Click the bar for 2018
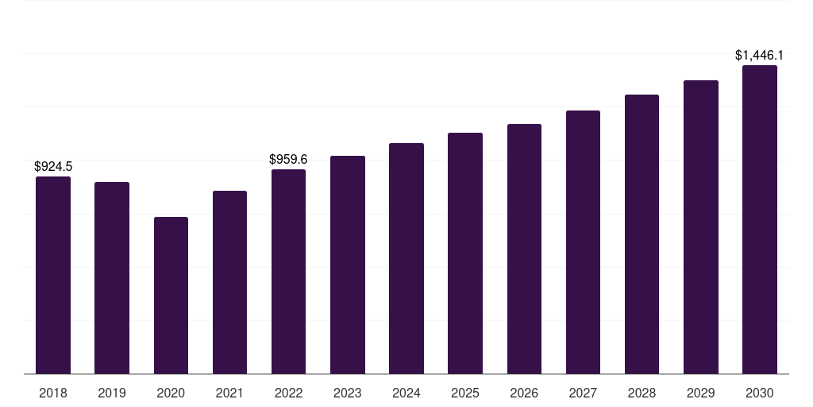tap(53, 275)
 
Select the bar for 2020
tap(171, 296)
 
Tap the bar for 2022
tap(288, 272)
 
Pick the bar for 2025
tap(465, 254)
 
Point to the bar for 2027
tap(583, 242)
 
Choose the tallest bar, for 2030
tap(760, 219)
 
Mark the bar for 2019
tap(112, 277)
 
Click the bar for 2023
tap(348, 265)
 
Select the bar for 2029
tap(701, 227)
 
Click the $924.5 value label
tap(53, 167)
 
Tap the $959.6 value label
tap(288, 159)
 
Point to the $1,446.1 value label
tap(759, 56)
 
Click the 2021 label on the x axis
tap(229, 393)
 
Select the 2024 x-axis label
tap(406, 393)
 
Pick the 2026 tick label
tap(524, 393)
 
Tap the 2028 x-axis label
tap(642, 393)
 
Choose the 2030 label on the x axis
tap(760, 393)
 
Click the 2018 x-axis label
tap(53, 393)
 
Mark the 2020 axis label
tap(171, 393)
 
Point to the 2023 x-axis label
tap(348, 393)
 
